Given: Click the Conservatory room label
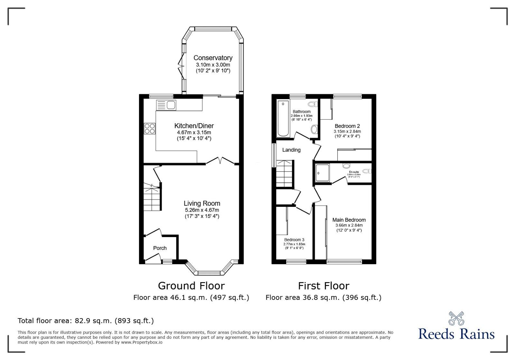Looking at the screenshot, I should [213, 58].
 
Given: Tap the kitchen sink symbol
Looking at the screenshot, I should [166, 105].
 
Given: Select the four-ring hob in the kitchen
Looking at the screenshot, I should [149, 129].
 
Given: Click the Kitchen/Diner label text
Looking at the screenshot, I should [194, 126].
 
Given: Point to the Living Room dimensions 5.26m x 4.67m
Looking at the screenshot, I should [202, 210].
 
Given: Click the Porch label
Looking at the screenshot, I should [160, 248].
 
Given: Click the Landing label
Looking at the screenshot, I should [291, 150].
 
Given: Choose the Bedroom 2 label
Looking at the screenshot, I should [347, 126].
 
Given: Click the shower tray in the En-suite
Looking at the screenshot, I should [323, 173].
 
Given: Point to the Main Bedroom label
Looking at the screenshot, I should [349, 220].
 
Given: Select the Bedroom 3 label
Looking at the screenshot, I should [294, 240].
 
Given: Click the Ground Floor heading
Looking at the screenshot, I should [191, 286].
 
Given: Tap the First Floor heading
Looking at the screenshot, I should [323, 286].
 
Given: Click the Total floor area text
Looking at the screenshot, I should [86, 321].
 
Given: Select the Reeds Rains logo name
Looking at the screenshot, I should [456, 334].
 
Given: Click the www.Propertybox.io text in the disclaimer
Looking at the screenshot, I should [142, 342].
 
